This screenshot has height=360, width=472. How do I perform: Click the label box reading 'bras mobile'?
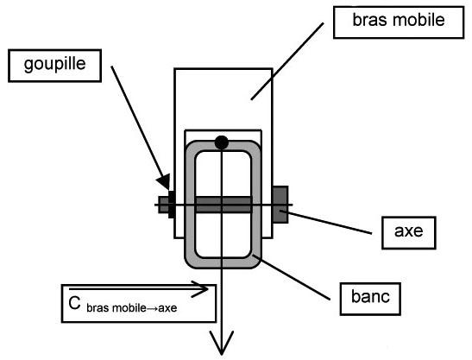coord(399,22)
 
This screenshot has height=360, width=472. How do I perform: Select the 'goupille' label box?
coord(54,66)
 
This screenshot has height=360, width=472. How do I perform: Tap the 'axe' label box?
coord(409,232)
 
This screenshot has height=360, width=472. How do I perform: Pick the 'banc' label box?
coord(370,299)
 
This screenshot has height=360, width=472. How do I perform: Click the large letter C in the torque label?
coord(74,303)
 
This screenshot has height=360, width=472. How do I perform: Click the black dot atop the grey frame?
coord(222,142)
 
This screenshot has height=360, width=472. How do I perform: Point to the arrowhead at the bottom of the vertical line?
coord(222,344)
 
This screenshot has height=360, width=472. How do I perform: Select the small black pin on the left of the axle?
coord(171,205)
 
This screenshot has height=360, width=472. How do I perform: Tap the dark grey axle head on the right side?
coord(280,205)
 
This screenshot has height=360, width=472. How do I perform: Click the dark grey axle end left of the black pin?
coord(163,205)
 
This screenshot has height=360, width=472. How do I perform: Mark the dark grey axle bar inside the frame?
coord(223,205)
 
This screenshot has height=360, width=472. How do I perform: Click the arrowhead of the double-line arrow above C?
coord(200,289)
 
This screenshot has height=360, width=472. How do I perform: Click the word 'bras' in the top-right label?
coord(370,20)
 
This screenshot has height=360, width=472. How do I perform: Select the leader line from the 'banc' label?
coord(291,277)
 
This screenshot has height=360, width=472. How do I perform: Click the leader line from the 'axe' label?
coord(325,222)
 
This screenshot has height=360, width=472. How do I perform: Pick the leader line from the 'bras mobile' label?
coord(287,61)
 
